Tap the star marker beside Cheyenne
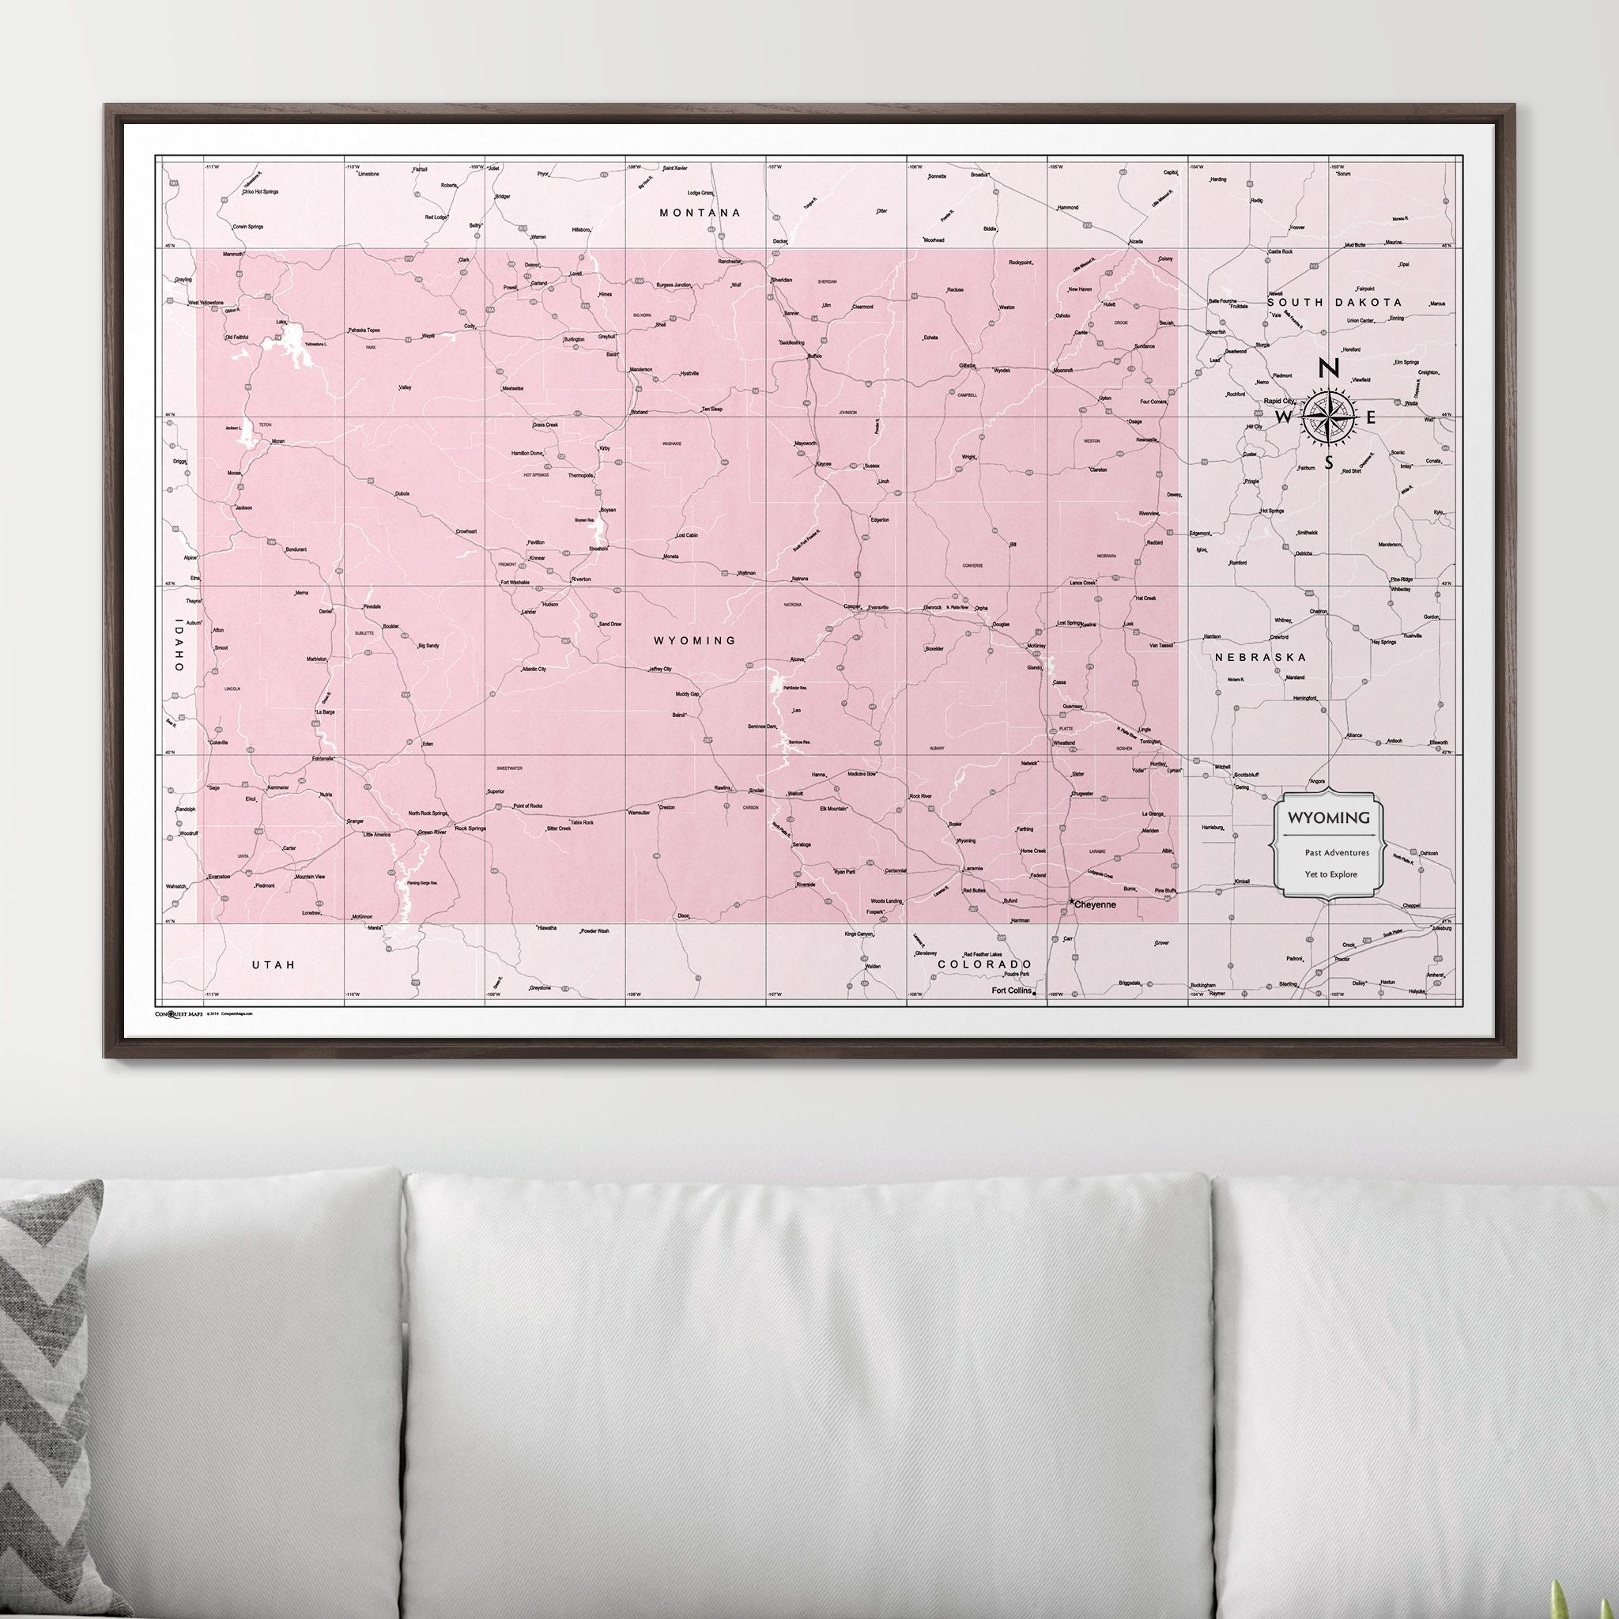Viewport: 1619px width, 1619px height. click(1073, 903)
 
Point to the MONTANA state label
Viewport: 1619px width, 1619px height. click(700, 213)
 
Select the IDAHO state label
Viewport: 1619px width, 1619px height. click(178, 644)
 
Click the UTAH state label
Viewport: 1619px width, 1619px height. click(274, 964)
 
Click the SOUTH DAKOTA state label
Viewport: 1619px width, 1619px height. click(1334, 302)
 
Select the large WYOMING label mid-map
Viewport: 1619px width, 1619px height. click(695, 640)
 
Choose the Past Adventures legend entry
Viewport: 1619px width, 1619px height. click(1336, 852)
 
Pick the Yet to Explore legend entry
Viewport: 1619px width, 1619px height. click(1330, 874)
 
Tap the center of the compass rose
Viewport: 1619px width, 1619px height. click(1328, 417)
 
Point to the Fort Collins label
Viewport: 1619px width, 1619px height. click(1013, 991)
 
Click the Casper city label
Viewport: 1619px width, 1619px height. click(851, 606)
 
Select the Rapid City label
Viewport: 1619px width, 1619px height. click(1279, 401)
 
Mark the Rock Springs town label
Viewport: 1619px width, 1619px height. click(470, 828)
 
